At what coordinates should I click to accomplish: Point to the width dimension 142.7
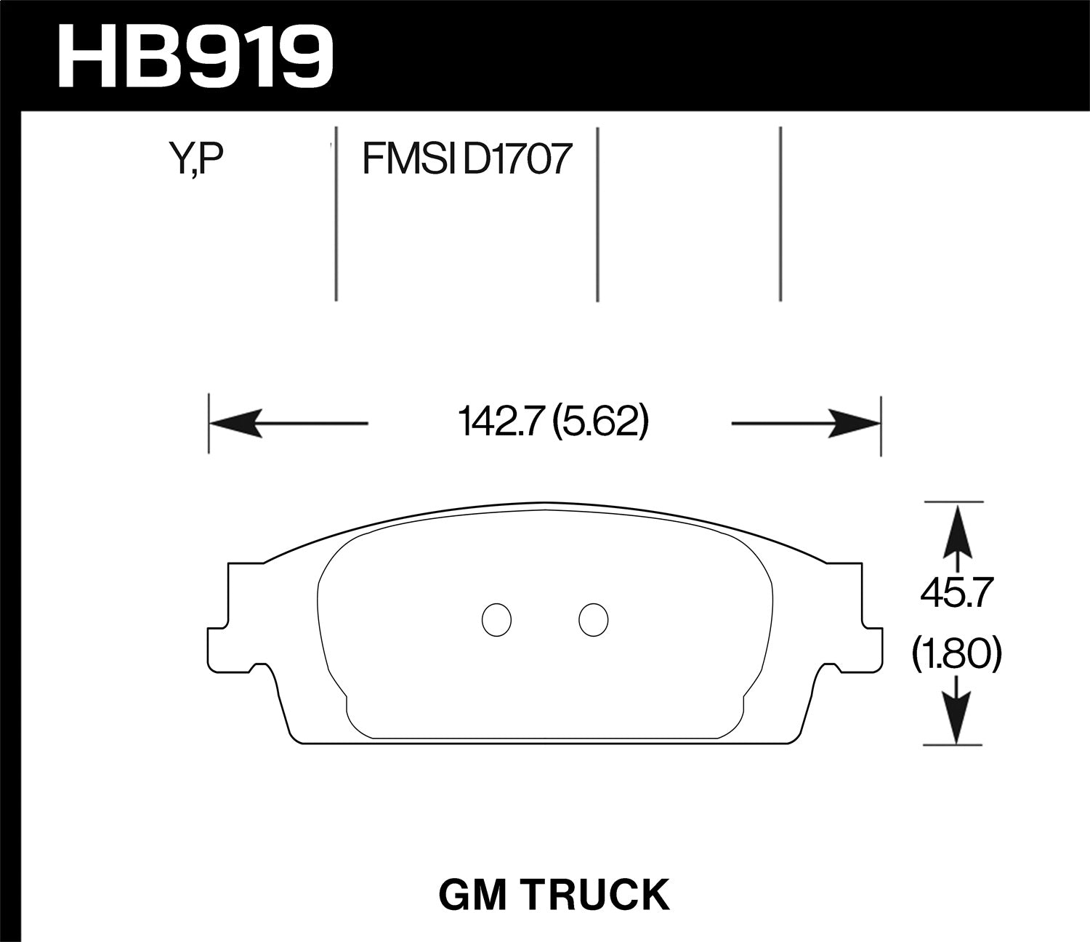coord(501,422)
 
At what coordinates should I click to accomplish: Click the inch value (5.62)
coord(599,422)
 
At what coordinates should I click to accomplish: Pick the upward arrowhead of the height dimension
coord(957,527)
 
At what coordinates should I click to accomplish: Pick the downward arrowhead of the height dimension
coord(957,720)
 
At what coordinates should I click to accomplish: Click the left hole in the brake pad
coord(497,620)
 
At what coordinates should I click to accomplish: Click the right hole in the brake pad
coord(593,620)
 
